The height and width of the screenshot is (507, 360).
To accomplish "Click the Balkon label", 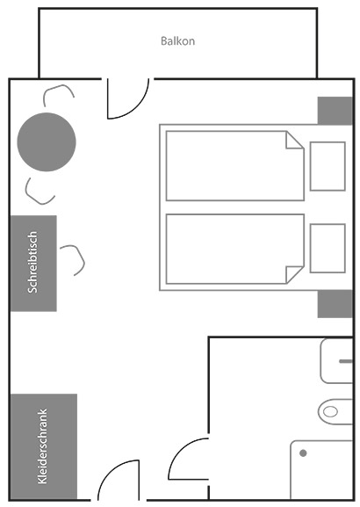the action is click(177, 41).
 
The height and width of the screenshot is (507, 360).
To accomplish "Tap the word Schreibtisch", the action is click(32, 262).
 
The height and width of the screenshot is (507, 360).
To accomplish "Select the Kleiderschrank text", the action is click(43, 446).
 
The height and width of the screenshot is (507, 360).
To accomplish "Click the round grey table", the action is click(47, 142).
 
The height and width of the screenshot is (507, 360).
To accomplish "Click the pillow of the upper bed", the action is click(328, 166).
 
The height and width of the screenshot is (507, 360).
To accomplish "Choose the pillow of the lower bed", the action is click(328, 249).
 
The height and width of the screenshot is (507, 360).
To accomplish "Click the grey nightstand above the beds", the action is click(335, 111).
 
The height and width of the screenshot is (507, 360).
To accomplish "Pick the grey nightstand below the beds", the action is click(335, 304).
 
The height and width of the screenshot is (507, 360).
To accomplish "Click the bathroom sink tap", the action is click(346, 361).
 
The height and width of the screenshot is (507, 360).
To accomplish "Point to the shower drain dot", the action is click(303, 453).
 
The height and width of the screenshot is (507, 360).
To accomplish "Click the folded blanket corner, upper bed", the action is click(294, 140).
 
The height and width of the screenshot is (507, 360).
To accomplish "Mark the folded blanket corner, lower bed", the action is click(294, 275).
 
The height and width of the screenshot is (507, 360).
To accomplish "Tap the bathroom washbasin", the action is click(336, 361).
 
